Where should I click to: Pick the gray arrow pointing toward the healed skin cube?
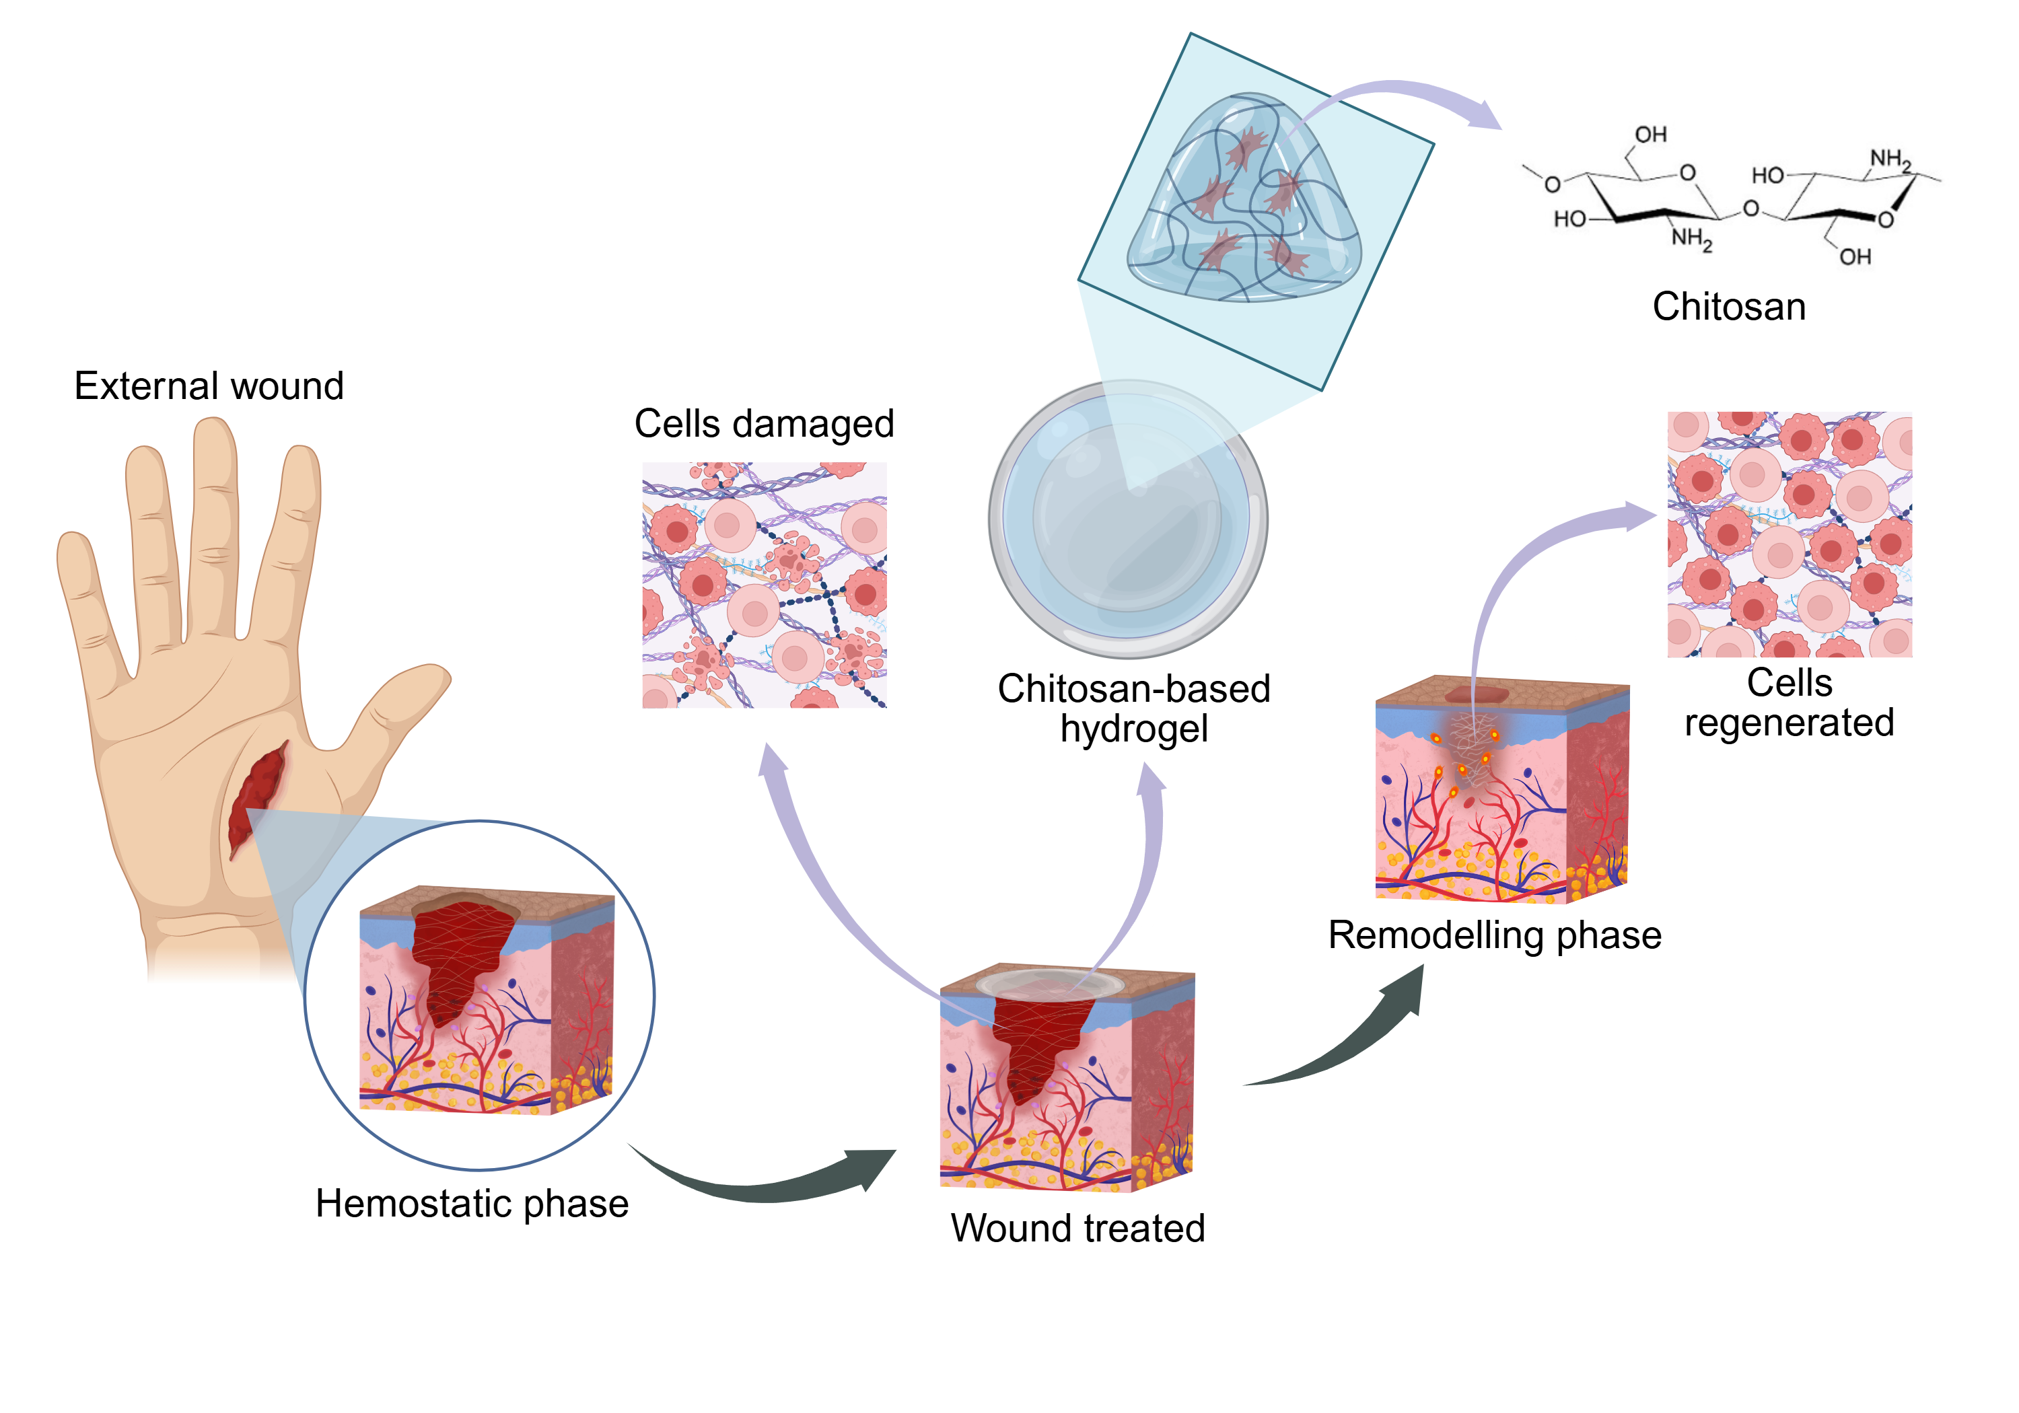point(1345,1038)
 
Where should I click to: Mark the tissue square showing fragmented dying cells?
point(764,585)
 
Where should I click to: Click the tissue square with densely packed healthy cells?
point(1790,534)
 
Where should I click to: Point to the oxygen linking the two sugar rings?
point(1750,209)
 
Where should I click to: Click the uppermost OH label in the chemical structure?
point(1651,135)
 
